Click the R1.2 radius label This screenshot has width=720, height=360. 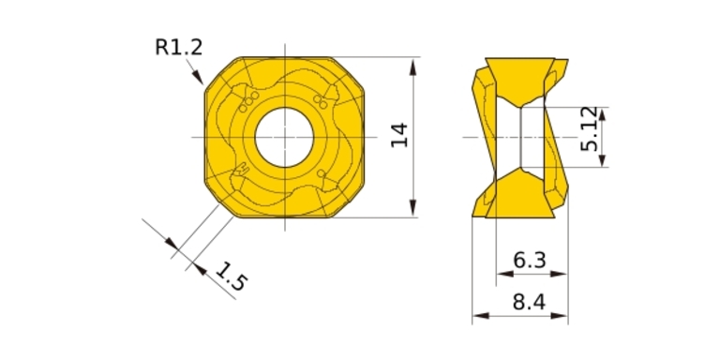pos(179,47)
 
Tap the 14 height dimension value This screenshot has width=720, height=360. pos(399,135)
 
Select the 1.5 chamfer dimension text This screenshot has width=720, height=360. pos(232,277)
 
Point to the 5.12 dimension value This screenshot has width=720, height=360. pos(589,129)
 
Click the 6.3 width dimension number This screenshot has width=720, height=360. pos(530,261)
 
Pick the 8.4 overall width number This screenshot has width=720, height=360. pos(529,303)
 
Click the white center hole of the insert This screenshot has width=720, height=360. pos(284,137)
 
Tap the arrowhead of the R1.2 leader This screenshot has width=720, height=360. pos(198,77)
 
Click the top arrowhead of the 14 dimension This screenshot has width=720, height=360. pos(413,67)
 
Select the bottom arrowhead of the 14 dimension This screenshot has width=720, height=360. pos(413,208)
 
